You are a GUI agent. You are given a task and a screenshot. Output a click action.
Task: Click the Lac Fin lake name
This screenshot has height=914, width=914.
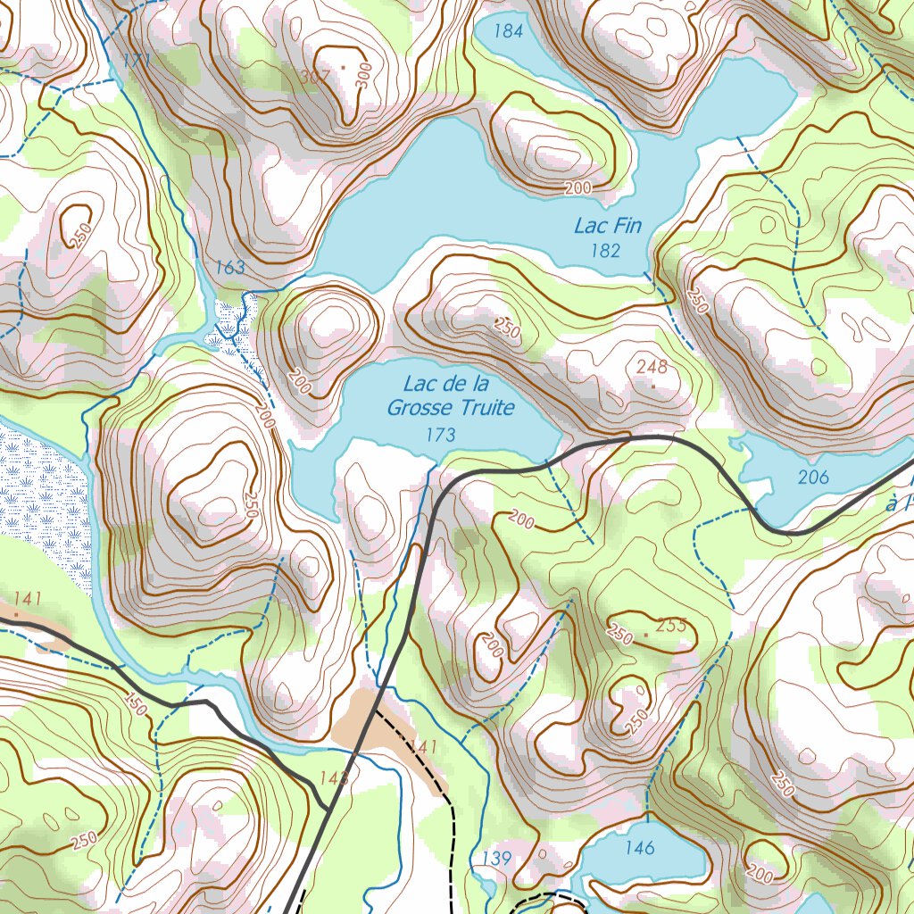pyautogui.click(x=608, y=226)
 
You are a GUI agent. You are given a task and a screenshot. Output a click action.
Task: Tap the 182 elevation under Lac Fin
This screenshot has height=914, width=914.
pyautogui.click(x=605, y=251)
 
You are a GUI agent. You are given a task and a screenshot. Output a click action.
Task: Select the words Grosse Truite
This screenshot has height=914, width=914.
pyautogui.click(x=451, y=409)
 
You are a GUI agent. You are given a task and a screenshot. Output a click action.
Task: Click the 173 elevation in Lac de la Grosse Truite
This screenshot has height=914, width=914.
pyautogui.click(x=441, y=435)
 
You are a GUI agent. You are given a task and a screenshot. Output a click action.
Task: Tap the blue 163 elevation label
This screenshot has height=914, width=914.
pyautogui.click(x=230, y=267)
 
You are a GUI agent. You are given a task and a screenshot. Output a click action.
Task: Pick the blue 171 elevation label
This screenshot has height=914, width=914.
pyautogui.click(x=137, y=61)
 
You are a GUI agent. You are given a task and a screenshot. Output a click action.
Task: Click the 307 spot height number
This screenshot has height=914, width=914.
pyautogui.click(x=315, y=77)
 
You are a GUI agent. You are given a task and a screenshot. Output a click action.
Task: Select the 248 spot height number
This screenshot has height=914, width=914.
pyautogui.click(x=652, y=366)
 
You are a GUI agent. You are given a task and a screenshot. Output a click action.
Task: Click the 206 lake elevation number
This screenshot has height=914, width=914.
pyautogui.click(x=813, y=478)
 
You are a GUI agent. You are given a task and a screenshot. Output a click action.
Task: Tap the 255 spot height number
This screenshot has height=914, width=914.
pyautogui.click(x=670, y=626)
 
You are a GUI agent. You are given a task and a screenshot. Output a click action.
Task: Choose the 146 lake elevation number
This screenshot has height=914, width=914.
pyautogui.click(x=640, y=848)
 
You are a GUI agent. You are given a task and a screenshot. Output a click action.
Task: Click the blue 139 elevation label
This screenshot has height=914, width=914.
pyautogui.click(x=495, y=859)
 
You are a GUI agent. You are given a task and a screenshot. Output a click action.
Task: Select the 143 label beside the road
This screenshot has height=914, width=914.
pyautogui.click(x=333, y=778)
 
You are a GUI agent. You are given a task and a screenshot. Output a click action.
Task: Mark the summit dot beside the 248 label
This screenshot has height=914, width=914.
pyautogui.click(x=653, y=386)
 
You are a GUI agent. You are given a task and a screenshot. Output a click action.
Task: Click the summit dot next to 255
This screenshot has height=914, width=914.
pyautogui.click(x=646, y=636)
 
